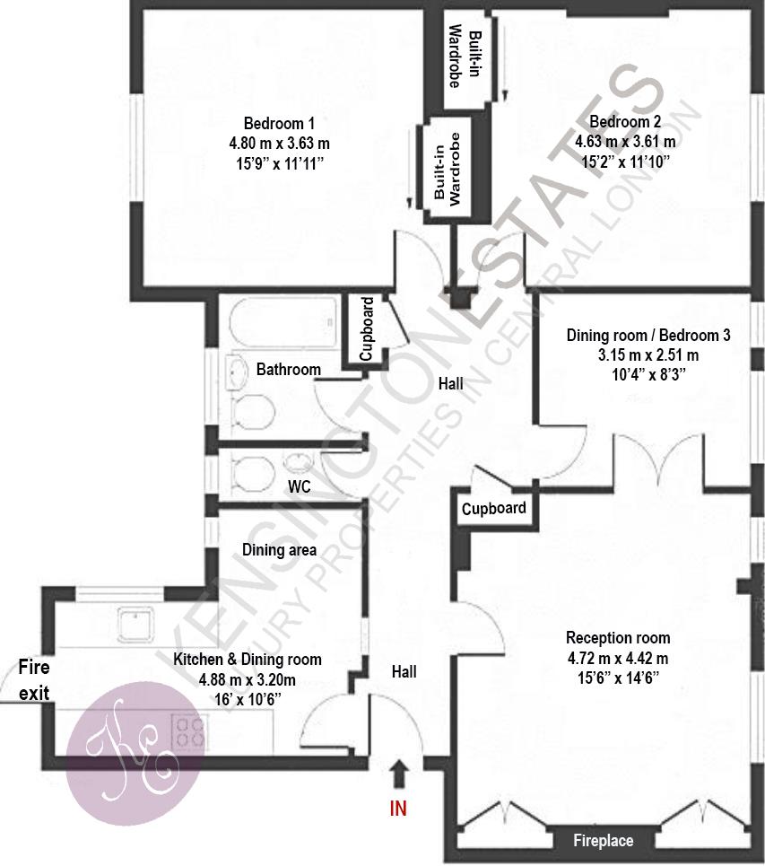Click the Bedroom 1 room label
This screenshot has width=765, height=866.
[x=279, y=123]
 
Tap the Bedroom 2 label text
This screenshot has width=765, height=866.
[x=625, y=121]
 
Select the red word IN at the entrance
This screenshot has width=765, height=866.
[x=398, y=809]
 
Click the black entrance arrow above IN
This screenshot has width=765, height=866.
[x=399, y=774]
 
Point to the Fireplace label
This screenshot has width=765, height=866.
[x=603, y=841]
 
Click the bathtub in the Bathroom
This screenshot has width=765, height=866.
[x=283, y=322]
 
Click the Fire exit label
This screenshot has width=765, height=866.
[x=34, y=680]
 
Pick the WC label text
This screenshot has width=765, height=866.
[x=300, y=486]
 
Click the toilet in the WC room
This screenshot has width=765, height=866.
[x=253, y=473]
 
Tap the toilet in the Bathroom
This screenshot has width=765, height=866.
[x=253, y=411]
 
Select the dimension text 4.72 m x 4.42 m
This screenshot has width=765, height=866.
[x=618, y=659]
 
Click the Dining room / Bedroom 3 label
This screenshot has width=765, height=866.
[x=648, y=336]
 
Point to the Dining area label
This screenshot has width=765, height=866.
[x=279, y=549]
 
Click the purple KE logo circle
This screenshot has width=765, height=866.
[x=135, y=753]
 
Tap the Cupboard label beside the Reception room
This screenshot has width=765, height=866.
[x=493, y=508]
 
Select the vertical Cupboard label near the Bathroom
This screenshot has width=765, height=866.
[x=367, y=329]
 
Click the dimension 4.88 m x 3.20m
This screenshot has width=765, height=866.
[x=247, y=679]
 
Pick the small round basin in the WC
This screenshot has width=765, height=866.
[x=298, y=461]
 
